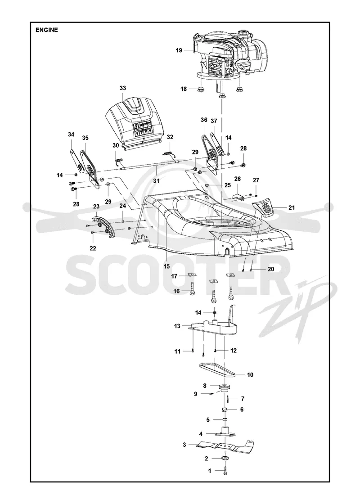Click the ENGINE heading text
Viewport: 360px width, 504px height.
tap(47, 30)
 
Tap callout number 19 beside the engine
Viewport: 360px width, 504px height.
tap(179, 50)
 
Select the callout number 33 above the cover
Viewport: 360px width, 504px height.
tap(123, 88)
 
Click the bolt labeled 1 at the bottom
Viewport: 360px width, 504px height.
tap(225, 471)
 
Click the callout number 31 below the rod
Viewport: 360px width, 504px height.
tap(156, 181)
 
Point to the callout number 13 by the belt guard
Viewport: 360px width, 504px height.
tap(177, 326)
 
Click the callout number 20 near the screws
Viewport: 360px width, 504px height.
tap(270, 269)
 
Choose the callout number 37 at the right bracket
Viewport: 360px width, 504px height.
tap(214, 121)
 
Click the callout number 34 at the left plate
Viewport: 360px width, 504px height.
tap(71, 135)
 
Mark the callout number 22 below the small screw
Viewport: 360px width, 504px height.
tap(93, 248)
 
